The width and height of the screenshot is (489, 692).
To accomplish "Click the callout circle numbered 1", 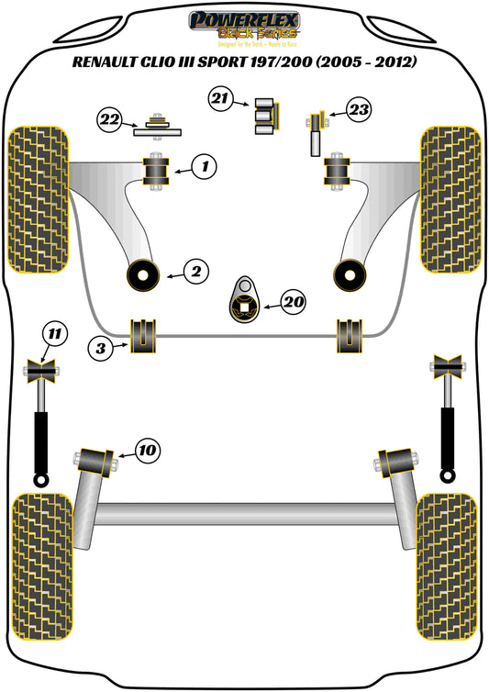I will point(205,167).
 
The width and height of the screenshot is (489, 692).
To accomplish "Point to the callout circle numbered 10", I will point(147,450).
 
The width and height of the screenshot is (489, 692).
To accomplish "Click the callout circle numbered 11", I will point(56,333).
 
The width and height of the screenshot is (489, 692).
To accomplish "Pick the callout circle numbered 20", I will point(293,301).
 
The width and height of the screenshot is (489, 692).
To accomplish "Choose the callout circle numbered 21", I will point(221,99).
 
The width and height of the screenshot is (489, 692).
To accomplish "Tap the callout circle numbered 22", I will point(110,118).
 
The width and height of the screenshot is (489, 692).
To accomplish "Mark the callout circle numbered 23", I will point(359,111).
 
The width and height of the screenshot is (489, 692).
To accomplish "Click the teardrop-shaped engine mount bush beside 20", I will point(245,299).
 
